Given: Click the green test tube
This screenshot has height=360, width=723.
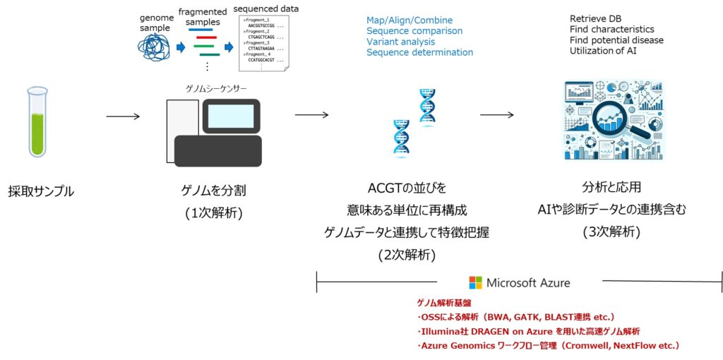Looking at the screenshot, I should point(37,121).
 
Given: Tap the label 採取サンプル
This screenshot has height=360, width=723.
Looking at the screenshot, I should point(41,191).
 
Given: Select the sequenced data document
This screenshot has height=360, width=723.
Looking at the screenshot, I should point(264,43).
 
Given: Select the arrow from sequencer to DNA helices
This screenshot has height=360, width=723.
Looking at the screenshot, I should point(311,114).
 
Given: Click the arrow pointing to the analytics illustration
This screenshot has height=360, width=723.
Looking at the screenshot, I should point(497,114).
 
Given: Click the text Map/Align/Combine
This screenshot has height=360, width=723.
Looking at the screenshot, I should point(410,20).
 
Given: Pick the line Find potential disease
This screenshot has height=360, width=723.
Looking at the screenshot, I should point(616,40).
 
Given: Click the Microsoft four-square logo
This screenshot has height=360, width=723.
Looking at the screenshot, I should point(476,283).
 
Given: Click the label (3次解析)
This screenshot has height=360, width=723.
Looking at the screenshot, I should point(611,232).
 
